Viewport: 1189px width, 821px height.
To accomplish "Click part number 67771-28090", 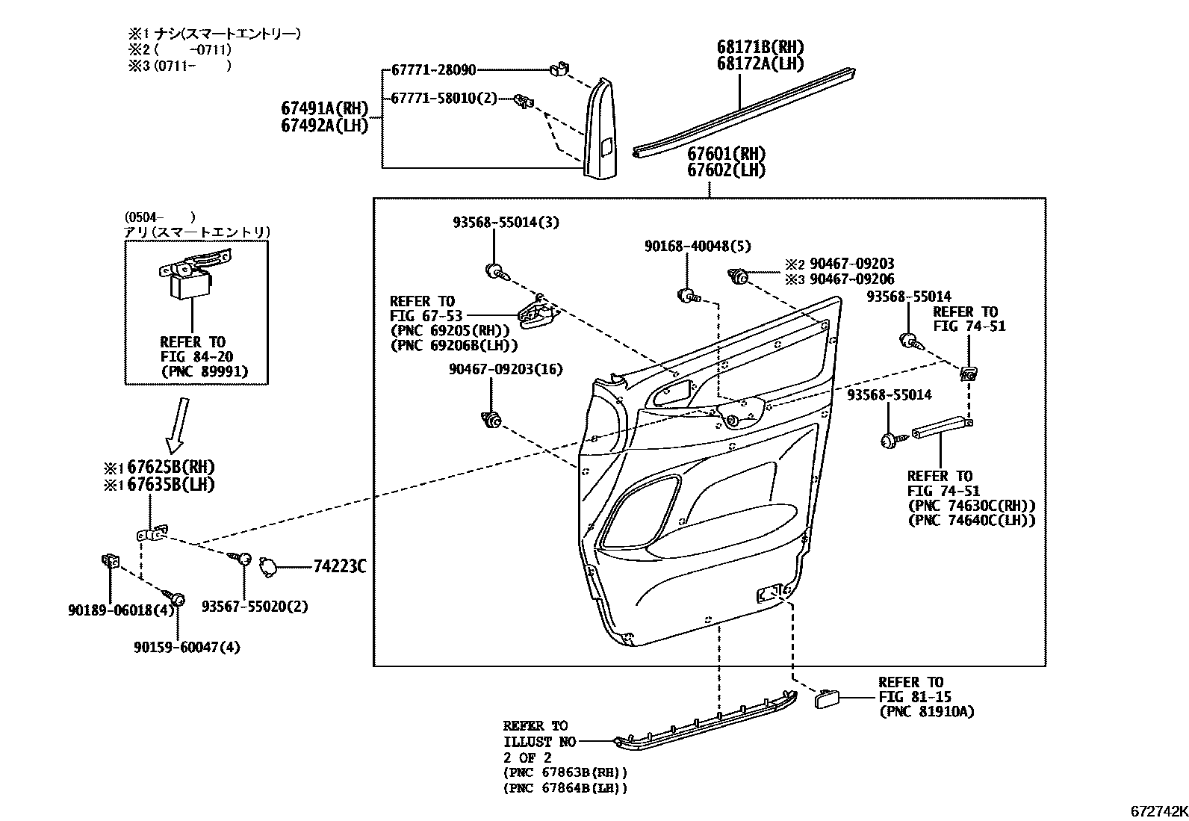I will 433,70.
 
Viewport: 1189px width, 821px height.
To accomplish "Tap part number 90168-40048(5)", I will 698,246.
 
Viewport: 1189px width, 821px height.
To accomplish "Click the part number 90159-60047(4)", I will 187,647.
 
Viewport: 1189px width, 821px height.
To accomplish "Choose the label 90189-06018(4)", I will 120,610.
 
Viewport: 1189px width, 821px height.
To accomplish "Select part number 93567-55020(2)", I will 255,607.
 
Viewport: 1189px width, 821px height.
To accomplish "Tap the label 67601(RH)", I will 726,154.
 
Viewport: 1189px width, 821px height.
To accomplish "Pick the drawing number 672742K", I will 1158,811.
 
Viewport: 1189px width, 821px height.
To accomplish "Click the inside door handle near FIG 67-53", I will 537,313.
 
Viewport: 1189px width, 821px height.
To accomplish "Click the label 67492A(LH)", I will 325,126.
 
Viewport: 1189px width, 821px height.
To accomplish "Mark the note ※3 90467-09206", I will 839,279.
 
